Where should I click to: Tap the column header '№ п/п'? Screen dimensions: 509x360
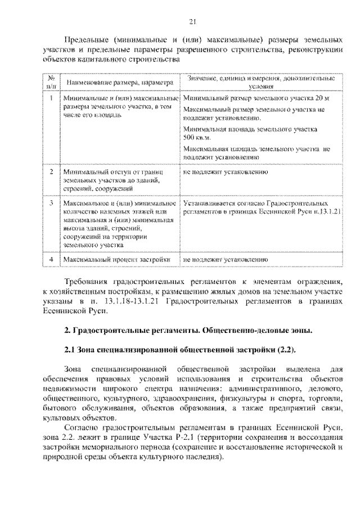point(51,83)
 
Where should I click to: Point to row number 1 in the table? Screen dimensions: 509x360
point(51,97)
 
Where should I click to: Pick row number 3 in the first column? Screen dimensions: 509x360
point(51,201)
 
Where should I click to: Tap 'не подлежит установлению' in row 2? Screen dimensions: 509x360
point(224,171)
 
